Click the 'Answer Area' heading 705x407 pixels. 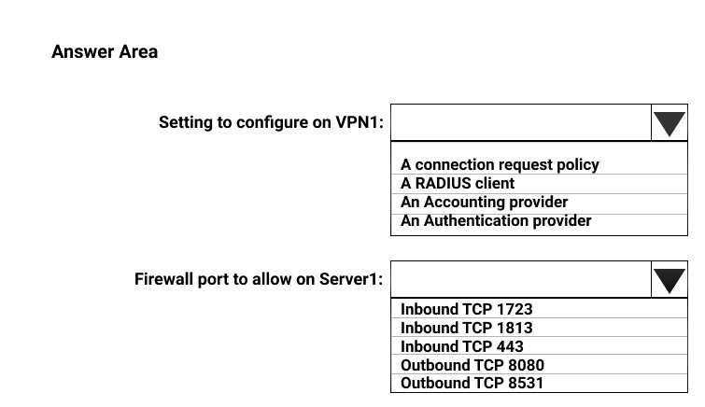(x=105, y=51)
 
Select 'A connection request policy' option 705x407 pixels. (x=500, y=164)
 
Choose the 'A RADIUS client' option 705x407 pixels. (x=458, y=184)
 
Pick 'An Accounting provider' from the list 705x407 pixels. (x=484, y=203)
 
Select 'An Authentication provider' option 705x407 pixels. (x=496, y=221)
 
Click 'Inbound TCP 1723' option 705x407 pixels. (x=466, y=309)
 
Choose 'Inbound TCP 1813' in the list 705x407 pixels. (x=466, y=328)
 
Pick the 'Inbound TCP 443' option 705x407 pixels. (x=462, y=346)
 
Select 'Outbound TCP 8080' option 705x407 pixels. (x=472, y=365)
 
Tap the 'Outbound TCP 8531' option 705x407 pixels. (x=472, y=383)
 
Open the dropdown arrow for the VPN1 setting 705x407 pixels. (x=669, y=123)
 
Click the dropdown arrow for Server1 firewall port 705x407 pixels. (x=669, y=279)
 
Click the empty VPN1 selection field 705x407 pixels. (x=521, y=123)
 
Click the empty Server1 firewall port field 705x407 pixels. (x=521, y=279)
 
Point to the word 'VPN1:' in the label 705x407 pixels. (x=360, y=122)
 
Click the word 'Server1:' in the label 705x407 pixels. (x=351, y=279)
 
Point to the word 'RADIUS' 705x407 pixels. (x=443, y=184)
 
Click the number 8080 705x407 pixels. (x=526, y=365)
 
